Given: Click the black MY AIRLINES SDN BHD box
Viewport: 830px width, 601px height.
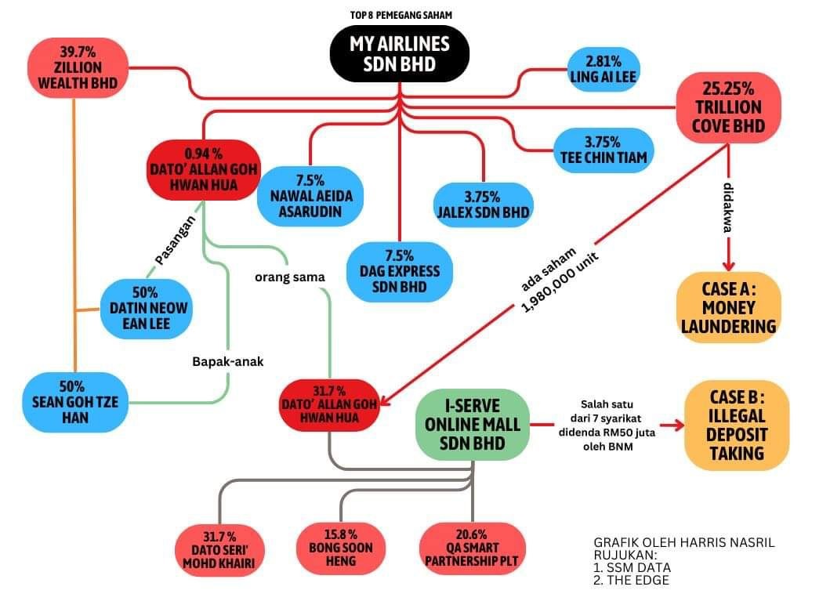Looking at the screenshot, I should point(399,53).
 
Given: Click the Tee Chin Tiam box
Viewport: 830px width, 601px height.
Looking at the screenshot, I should point(603,150).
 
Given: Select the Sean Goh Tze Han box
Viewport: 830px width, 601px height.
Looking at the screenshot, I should point(75,401).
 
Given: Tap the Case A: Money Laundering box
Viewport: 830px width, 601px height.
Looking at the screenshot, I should point(729,307).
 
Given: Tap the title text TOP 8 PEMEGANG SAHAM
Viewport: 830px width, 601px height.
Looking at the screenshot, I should point(399,15).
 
